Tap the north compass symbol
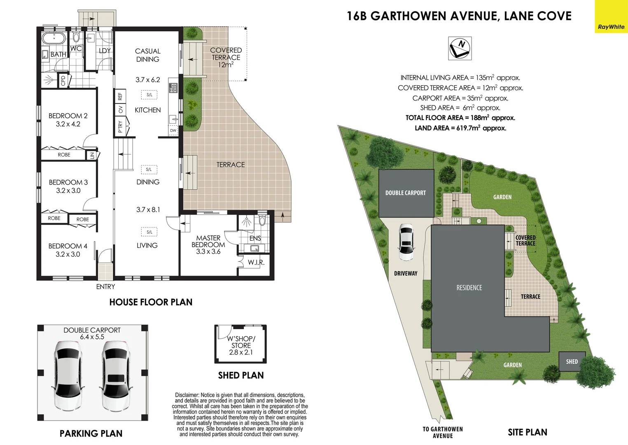[460, 48]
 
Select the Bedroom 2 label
[68, 116]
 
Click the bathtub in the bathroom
[54, 40]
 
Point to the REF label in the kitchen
[120, 96]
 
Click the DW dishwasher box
[173, 131]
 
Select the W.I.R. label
[256, 262]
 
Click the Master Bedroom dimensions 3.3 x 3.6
[208, 251]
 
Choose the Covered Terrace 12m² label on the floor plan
[226, 57]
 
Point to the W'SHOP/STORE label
[241, 342]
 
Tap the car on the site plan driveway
[406, 242]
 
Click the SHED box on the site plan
[572, 361]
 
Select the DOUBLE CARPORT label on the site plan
[405, 193]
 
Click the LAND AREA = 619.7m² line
[460, 128]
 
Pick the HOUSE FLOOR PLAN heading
[151, 302]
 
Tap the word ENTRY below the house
[105, 287]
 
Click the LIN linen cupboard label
[92, 155]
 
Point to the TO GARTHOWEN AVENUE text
[443, 432]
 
